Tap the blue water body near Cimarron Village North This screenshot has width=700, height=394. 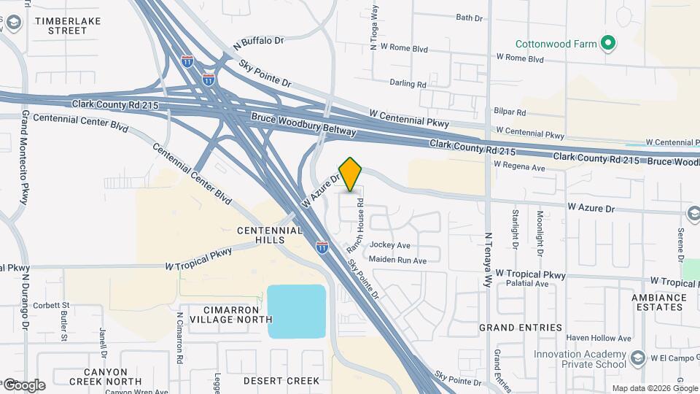pyautogui.click(x=296, y=312)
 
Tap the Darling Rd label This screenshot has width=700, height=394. pyautogui.click(x=408, y=84)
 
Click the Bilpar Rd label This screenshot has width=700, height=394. pyautogui.click(x=510, y=112)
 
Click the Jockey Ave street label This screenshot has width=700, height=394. pyautogui.click(x=390, y=245)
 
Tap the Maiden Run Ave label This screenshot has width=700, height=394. pyautogui.click(x=397, y=260)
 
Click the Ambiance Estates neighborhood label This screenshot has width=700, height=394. pyautogui.click(x=658, y=302)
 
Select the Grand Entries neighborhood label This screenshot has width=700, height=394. pyautogui.click(x=521, y=328)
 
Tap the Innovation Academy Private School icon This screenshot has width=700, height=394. pyautogui.click(x=638, y=358)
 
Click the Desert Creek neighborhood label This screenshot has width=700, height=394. pyautogui.click(x=281, y=381)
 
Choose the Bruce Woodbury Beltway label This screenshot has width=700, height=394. pyautogui.click(x=303, y=124)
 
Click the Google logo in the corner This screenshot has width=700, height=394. pyautogui.click(x=24, y=385)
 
